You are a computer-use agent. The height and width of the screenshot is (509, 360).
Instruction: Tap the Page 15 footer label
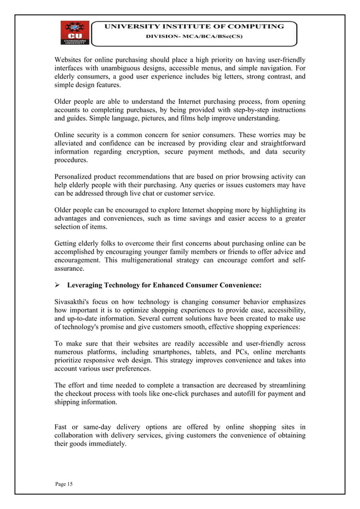[x=65, y=484]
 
